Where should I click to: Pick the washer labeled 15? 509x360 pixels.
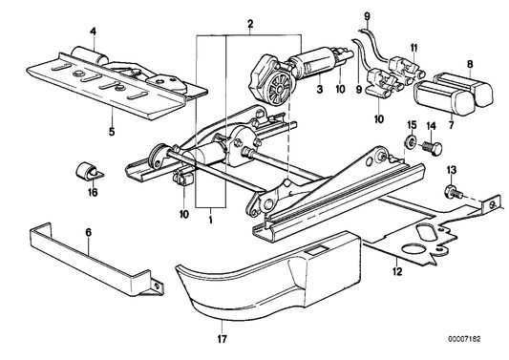(409, 144)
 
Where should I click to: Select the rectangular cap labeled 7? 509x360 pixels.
(440, 98)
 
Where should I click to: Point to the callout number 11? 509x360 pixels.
(414, 45)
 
